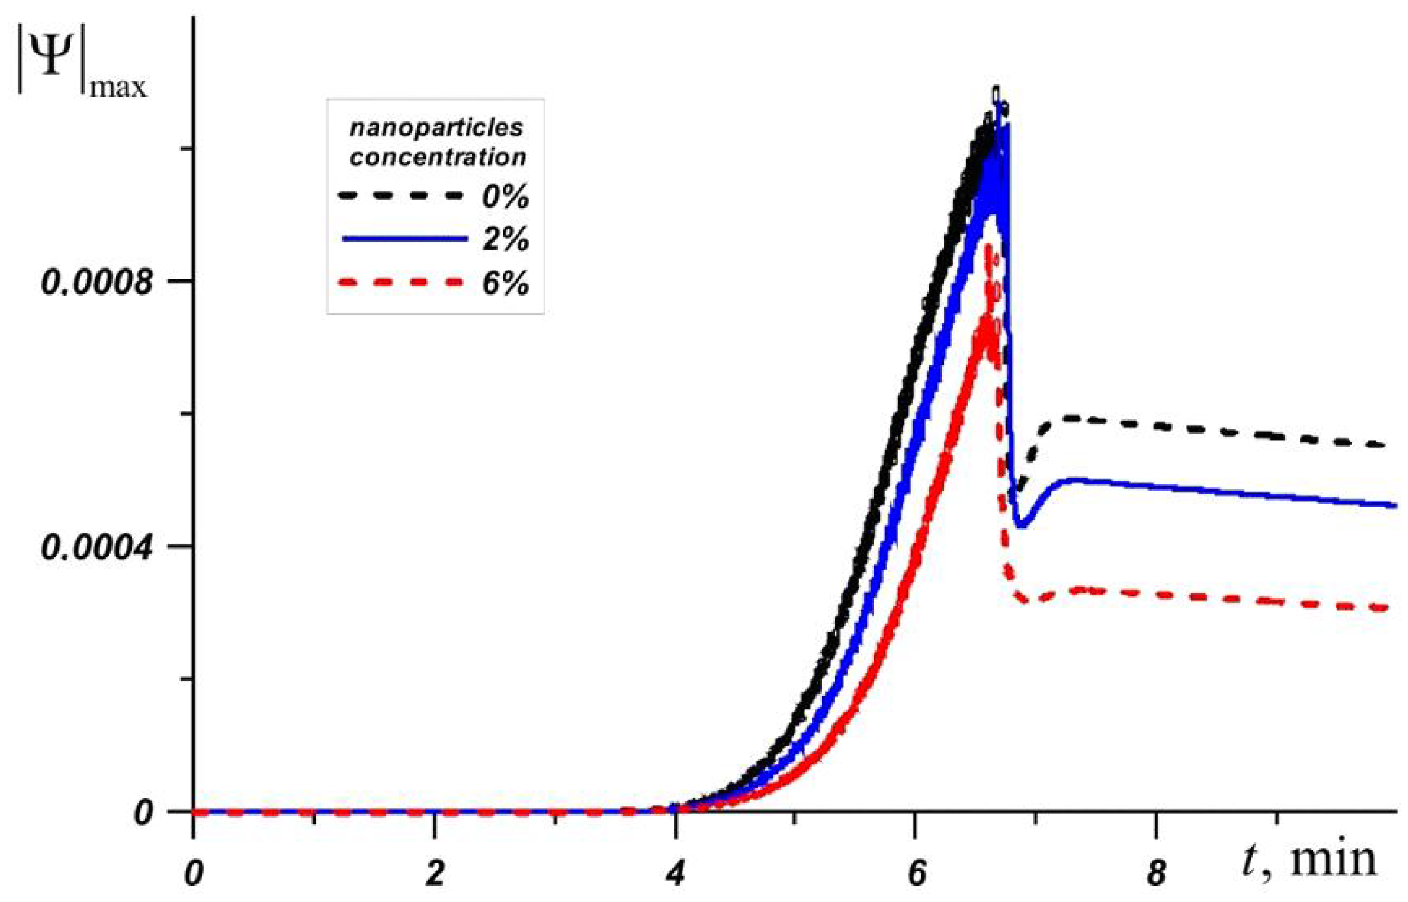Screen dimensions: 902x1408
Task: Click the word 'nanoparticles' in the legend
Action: pyautogui.click(x=436, y=128)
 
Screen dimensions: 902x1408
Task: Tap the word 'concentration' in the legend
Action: pyautogui.click(x=438, y=157)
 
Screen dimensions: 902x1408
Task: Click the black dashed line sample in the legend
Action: pyautogui.click(x=403, y=196)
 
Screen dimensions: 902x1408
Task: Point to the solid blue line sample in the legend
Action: pyautogui.click(x=404, y=238)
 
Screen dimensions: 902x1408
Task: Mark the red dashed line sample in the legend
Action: pyautogui.click(x=403, y=282)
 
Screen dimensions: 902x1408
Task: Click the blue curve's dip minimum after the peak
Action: pyautogui.click(x=1021, y=526)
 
